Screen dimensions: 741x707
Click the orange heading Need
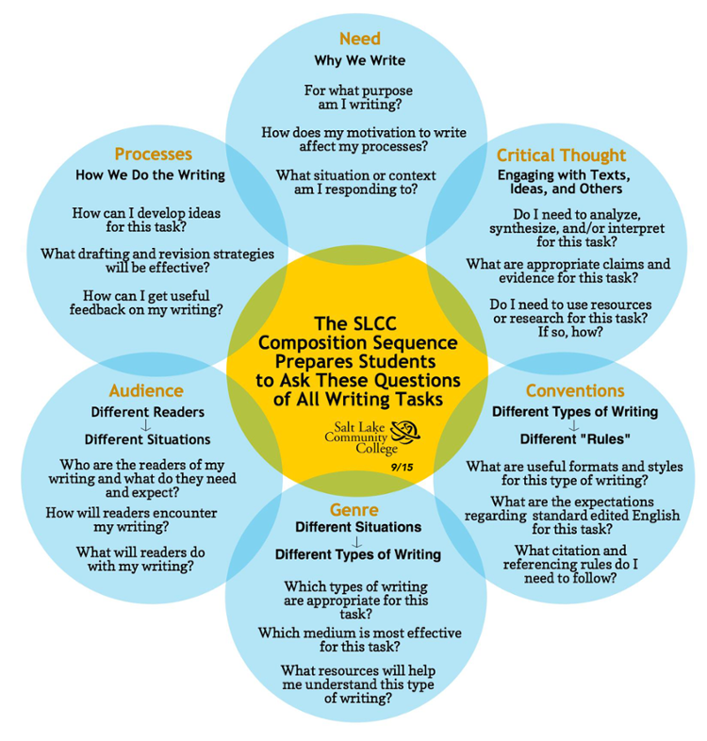(x=359, y=39)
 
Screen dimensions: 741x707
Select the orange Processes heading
(x=153, y=154)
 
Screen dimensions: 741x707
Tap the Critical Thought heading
(x=561, y=156)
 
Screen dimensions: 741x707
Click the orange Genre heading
(x=354, y=510)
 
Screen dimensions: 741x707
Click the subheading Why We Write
(x=359, y=61)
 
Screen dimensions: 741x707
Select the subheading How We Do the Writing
(x=151, y=174)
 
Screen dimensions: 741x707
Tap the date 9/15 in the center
(x=402, y=465)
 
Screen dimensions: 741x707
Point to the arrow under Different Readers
(x=147, y=425)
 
